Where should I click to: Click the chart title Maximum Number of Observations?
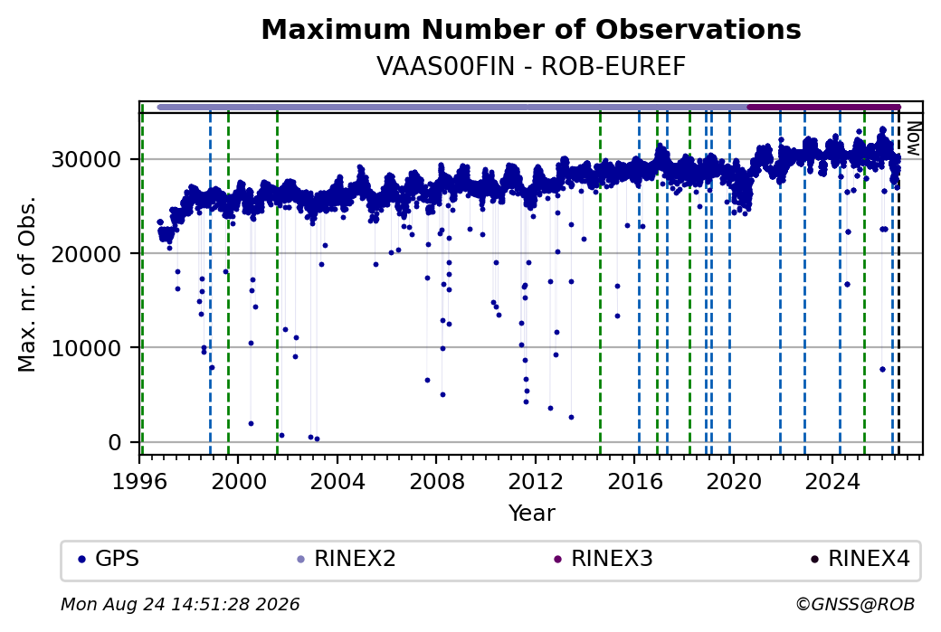click(531, 29)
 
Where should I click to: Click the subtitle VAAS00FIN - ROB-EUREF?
click(531, 67)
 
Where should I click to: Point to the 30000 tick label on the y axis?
click(87, 159)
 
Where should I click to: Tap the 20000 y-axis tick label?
click(87, 254)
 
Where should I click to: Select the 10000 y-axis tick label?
click(87, 348)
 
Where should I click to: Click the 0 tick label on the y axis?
click(115, 442)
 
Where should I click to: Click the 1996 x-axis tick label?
click(139, 481)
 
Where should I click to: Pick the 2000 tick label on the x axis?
click(238, 481)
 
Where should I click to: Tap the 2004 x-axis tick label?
click(337, 481)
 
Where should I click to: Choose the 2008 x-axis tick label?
click(436, 481)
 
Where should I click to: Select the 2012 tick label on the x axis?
click(536, 481)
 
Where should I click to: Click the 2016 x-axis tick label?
click(635, 481)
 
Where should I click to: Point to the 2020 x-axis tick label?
click(734, 481)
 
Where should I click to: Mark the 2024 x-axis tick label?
click(833, 481)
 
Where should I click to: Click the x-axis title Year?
click(531, 514)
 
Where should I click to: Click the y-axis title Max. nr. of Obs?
click(27, 284)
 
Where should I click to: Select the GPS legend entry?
click(109, 559)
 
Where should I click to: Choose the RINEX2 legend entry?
click(347, 559)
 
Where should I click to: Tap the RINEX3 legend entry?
click(604, 559)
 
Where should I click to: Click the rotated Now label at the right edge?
click(913, 139)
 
